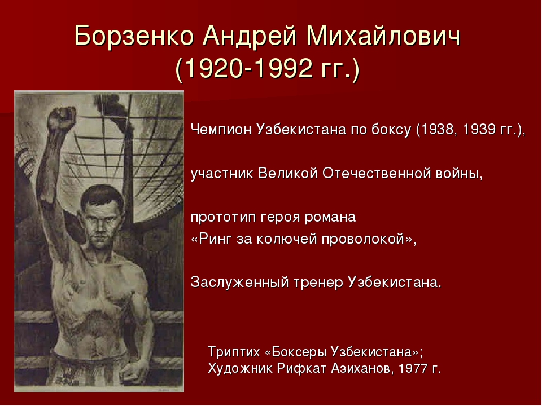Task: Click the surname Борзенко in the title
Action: tap(134, 36)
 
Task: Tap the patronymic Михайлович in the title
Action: tap(383, 36)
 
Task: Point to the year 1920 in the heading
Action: tap(212, 68)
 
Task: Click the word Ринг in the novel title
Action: tap(215, 239)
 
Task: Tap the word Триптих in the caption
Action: tap(234, 352)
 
